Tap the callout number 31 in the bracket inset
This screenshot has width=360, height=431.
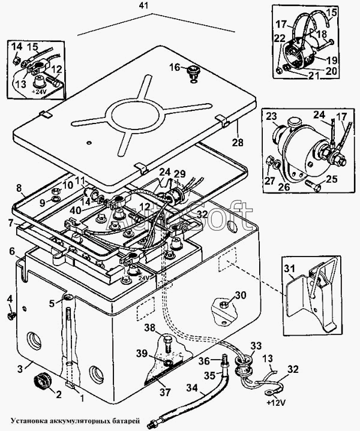click(x=289, y=269)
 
